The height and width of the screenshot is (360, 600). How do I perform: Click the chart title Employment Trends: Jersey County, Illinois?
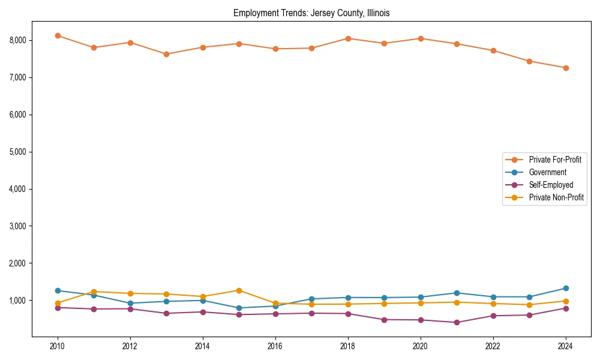pos(311,13)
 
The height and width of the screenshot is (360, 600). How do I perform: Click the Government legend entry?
pos(547,172)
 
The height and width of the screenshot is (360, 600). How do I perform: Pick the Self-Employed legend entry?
pos(551,185)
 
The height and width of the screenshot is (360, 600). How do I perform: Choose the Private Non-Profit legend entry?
pos(556,197)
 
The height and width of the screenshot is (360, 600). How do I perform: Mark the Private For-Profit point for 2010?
pos(58,35)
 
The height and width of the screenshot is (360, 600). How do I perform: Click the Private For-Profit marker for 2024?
pos(565,68)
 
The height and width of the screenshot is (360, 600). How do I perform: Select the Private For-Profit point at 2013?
pos(166,54)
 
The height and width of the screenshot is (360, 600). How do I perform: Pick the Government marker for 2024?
pos(565,289)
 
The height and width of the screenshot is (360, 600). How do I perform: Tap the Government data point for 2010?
pos(58,290)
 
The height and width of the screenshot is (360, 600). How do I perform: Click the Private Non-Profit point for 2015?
pos(239,290)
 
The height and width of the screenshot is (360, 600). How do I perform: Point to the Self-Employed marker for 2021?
pos(457,323)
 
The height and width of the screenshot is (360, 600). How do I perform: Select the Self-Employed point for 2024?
pos(565,308)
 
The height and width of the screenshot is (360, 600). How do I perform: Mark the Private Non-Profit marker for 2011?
pos(94,292)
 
